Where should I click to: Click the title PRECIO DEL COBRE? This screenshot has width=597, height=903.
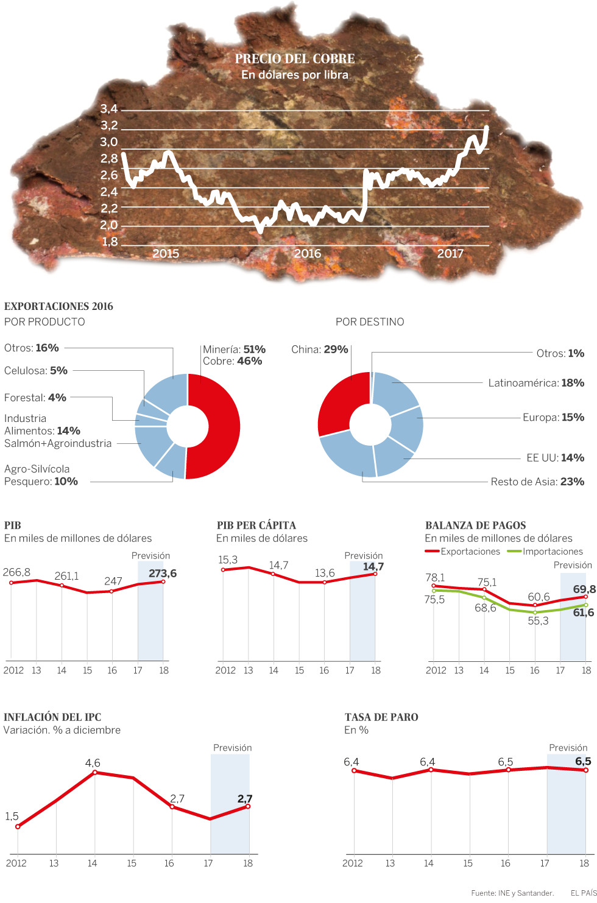(295, 59)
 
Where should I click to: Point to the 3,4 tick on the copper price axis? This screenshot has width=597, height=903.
(109, 109)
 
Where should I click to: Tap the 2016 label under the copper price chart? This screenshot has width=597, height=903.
(307, 254)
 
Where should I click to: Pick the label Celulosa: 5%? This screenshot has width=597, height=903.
(36, 371)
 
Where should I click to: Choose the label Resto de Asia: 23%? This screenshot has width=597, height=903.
(537, 482)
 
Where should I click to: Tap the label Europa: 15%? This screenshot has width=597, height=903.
(553, 418)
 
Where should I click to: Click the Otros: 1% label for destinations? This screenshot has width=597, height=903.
(560, 354)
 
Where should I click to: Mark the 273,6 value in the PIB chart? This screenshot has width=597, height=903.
(163, 574)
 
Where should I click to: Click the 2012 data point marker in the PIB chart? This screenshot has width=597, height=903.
(11, 583)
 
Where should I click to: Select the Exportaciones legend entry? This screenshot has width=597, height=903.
(463, 552)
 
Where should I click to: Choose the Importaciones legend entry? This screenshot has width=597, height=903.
(545, 552)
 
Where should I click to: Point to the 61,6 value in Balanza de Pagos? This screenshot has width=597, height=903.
(583, 613)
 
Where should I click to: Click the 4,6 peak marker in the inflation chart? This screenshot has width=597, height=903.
(94, 772)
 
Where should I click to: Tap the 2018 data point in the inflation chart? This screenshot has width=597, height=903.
(248, 806)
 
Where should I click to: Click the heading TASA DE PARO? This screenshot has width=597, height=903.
(381, 717)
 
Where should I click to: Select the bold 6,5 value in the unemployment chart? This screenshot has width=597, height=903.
(583, 762)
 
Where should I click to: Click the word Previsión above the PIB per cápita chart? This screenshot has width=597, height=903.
(364, 556)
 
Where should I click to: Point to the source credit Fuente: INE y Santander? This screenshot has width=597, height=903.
(512, 893)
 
